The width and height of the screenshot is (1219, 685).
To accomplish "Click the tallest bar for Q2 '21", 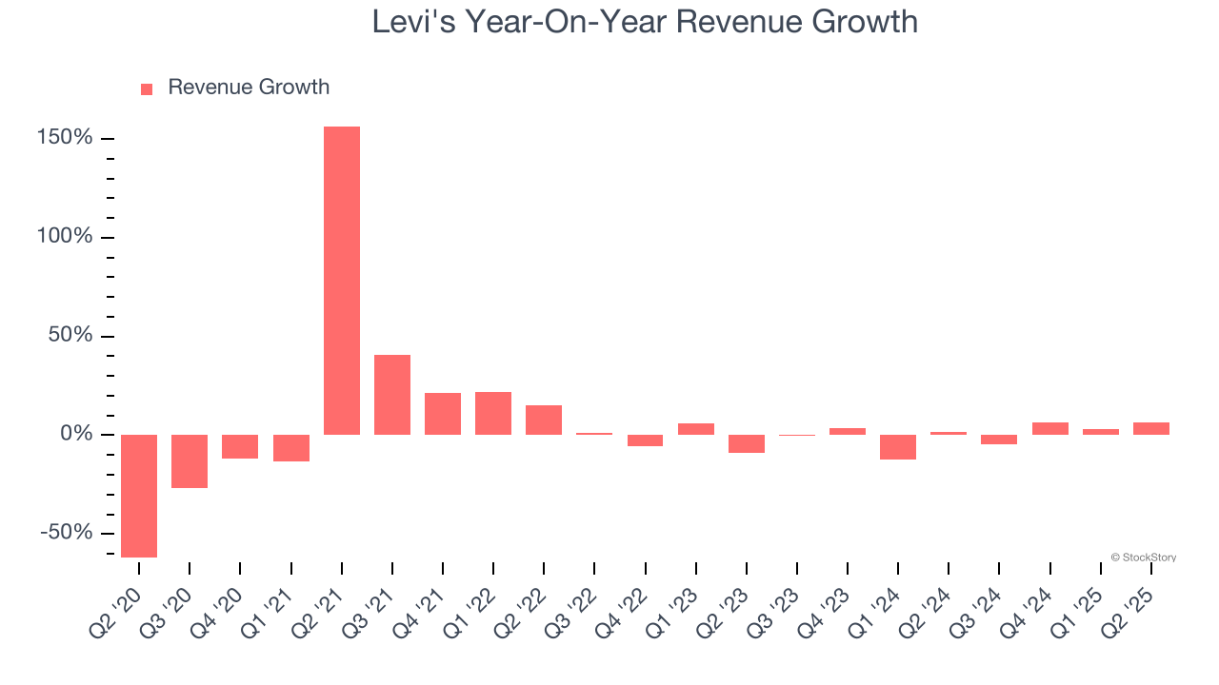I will click(342, 281).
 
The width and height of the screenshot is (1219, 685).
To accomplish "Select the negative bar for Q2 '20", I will click(139, 496).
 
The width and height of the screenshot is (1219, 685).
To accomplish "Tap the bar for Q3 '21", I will click(392, 395).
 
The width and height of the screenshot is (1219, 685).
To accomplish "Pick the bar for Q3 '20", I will click(190, 461).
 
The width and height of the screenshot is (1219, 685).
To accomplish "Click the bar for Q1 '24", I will click(898, 447).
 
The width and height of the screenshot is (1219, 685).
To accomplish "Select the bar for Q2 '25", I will click(1151, 429).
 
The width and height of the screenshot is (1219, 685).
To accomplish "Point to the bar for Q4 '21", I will click(443, 414).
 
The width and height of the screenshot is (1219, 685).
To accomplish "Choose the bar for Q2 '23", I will click(747, 443).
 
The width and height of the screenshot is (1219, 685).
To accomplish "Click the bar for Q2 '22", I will click(544, 420).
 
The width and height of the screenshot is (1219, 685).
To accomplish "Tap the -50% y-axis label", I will click(67, 533).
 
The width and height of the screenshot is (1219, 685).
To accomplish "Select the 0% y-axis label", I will click(78, 435).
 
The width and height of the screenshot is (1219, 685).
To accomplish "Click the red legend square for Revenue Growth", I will click(147, 88).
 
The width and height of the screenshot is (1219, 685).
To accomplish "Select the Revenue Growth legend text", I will click(249, 88).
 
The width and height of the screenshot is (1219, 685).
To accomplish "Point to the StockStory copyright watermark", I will click(1143, 558).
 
